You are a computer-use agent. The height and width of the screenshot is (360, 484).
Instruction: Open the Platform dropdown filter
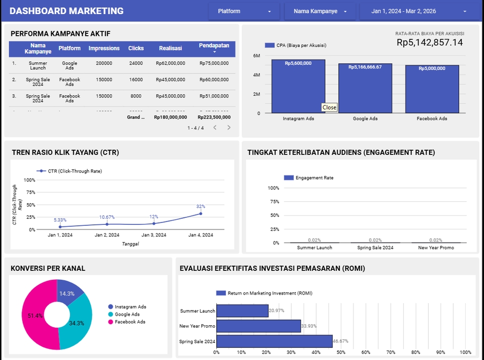pos(245,11)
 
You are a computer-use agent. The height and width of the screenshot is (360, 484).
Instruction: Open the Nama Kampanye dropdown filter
pos(320,11)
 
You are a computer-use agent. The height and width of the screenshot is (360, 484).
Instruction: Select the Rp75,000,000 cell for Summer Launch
pos(214,64)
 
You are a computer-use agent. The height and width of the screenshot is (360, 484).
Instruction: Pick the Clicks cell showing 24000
pos(136,64)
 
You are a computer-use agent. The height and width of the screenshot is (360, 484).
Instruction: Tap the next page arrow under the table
pos(229,128)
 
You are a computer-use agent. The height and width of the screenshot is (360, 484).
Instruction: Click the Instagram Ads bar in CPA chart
pos(298,86)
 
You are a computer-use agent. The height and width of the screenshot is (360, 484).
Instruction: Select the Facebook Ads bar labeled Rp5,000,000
pos(432,89)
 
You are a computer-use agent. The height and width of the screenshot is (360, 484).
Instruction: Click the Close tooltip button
pos(329,107)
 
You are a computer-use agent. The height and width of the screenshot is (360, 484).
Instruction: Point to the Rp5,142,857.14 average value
pos(430,43)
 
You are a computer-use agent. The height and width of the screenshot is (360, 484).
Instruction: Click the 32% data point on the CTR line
pos(201,213)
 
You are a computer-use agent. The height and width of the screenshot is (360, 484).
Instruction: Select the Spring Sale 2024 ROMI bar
pos(274,341)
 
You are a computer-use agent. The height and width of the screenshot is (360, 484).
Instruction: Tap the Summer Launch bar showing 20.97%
pos(242,311)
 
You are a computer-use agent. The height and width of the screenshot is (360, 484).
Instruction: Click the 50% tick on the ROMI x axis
pos(341,352)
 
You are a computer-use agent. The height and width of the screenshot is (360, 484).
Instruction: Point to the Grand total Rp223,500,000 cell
pos(214,117)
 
